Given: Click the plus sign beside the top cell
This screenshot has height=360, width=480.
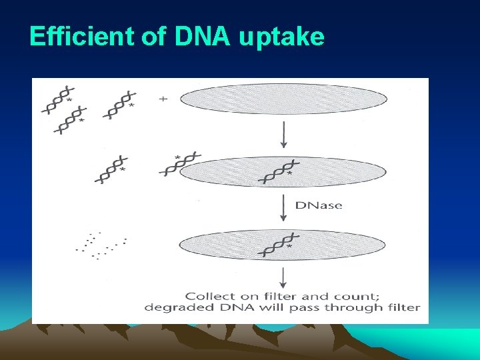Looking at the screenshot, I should (x=163, y=99).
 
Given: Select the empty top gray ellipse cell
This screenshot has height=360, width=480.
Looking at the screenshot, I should (x=283, y=99).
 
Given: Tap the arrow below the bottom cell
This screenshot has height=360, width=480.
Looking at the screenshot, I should (x=284, y=277).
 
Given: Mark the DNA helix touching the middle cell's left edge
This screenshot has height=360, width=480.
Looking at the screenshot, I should (x=178, y=164).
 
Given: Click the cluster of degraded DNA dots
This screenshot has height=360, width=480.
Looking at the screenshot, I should (x=101, y=245).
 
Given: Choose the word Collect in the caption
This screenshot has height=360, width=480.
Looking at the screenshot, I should (x=207, y=296).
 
